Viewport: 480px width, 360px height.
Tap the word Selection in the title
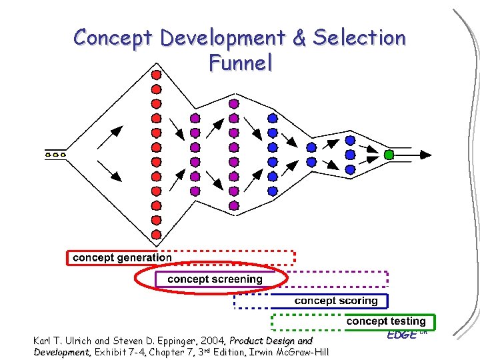click(x=359, y=38)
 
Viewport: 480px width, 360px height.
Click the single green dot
click(x=389, y=155)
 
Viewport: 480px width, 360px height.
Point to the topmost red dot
click(x=156, y=74)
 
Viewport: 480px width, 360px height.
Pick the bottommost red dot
click(x=156, y=234)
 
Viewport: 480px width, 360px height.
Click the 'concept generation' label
click(x=122, y=257)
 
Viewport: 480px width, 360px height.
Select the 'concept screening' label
click(x=215, y=279)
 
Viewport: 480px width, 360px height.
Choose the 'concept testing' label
click(x=385, y=321)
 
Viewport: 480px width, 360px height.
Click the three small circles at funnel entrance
click(x=55, y=155)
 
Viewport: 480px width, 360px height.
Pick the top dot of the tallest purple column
click(x=233, y=103)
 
